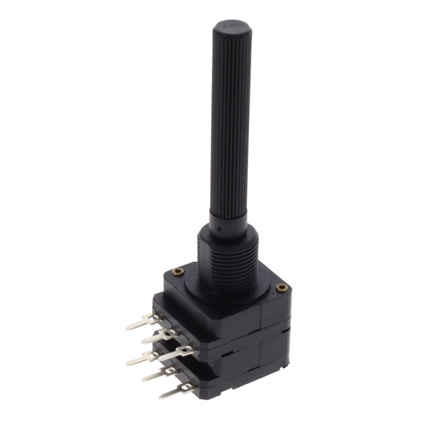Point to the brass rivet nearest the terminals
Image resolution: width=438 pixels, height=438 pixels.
pos(177,270)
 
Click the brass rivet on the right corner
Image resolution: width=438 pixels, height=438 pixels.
pos(281,287)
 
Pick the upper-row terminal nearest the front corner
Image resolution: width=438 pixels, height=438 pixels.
pos(178,350)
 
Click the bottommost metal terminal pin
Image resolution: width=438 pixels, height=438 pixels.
pos(175,390)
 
